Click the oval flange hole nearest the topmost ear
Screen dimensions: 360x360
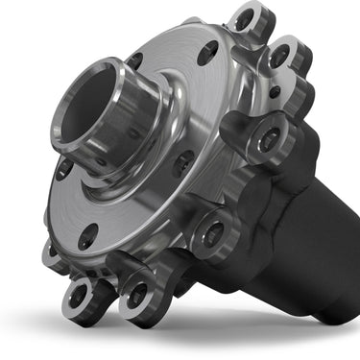(x=206, y=54)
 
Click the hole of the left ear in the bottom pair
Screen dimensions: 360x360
(x=81, y=294)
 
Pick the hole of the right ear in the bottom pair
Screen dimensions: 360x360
(x=137, y=294)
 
